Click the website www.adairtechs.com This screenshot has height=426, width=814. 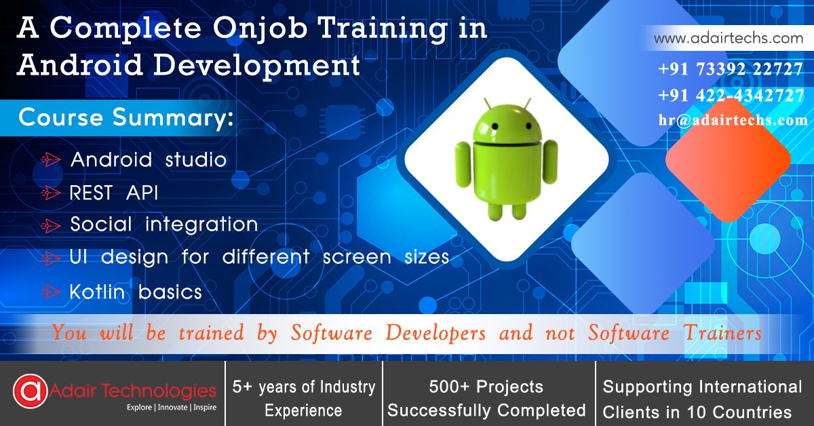pos(728,39)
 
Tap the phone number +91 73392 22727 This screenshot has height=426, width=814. pos(730,70)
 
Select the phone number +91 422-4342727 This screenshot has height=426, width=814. pos(730,96)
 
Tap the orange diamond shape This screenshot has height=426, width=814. pos(727,161)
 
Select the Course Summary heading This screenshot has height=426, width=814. pos(126,117)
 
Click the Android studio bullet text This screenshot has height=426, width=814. pos(149,160)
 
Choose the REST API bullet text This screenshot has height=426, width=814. pos(114,193)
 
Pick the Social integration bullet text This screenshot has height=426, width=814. pos(164,225)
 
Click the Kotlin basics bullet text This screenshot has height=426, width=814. pos(136,292)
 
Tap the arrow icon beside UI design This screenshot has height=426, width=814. pos(51,258)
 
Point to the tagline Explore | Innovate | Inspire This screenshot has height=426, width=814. pos(171,408)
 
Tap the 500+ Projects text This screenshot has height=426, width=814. pos(486,387)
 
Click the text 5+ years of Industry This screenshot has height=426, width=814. pos(303,387)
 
